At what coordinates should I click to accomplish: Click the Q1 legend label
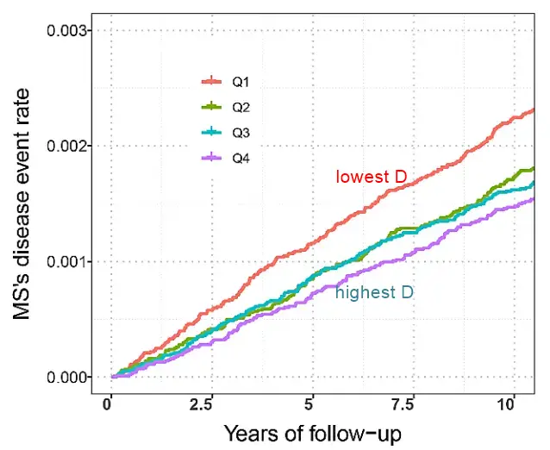(240, 82)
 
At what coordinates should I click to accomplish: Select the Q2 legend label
(240, 108)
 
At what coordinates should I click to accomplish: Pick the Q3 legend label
(240, 133)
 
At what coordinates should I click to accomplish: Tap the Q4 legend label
(240, 158)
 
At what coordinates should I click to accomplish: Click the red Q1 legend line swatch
(212, 82)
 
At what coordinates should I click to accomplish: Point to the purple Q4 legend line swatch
(212, 158)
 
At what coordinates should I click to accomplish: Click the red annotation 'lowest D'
(371, 178)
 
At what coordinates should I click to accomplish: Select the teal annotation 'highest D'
(374, 293)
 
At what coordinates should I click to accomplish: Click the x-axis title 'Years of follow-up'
(312, 433)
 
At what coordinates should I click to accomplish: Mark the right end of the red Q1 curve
(534, 109)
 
